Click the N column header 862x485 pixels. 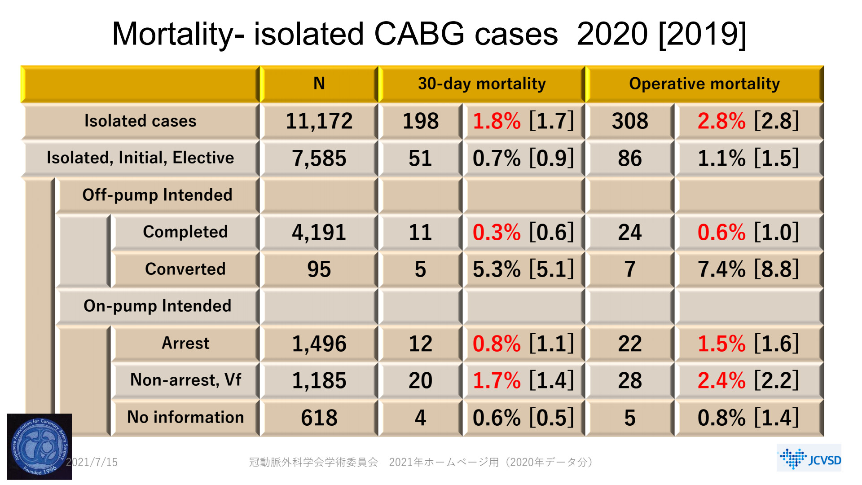point(319,84)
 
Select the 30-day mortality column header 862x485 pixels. point(481,84)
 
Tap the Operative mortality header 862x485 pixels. point(704,84)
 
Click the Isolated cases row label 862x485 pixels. point(140,121)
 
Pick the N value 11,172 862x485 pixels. point(319,121)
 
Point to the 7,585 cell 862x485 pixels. point(319,158)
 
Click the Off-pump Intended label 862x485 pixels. point(157,195)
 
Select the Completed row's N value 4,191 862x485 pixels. point(319,232)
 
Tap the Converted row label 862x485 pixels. point(185,269)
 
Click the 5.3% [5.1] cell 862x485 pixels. point(523,269)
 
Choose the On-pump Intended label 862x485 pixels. point(157,306)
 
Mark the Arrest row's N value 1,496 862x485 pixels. point(319,344)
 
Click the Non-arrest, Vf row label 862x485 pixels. point(185,380)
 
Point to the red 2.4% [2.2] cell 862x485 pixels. point(748,380)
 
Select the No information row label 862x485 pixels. point(185,417)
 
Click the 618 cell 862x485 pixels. point(319,418)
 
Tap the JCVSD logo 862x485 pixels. point(809,458)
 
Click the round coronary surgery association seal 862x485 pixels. point(40,447)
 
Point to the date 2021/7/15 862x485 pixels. point(92,462)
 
